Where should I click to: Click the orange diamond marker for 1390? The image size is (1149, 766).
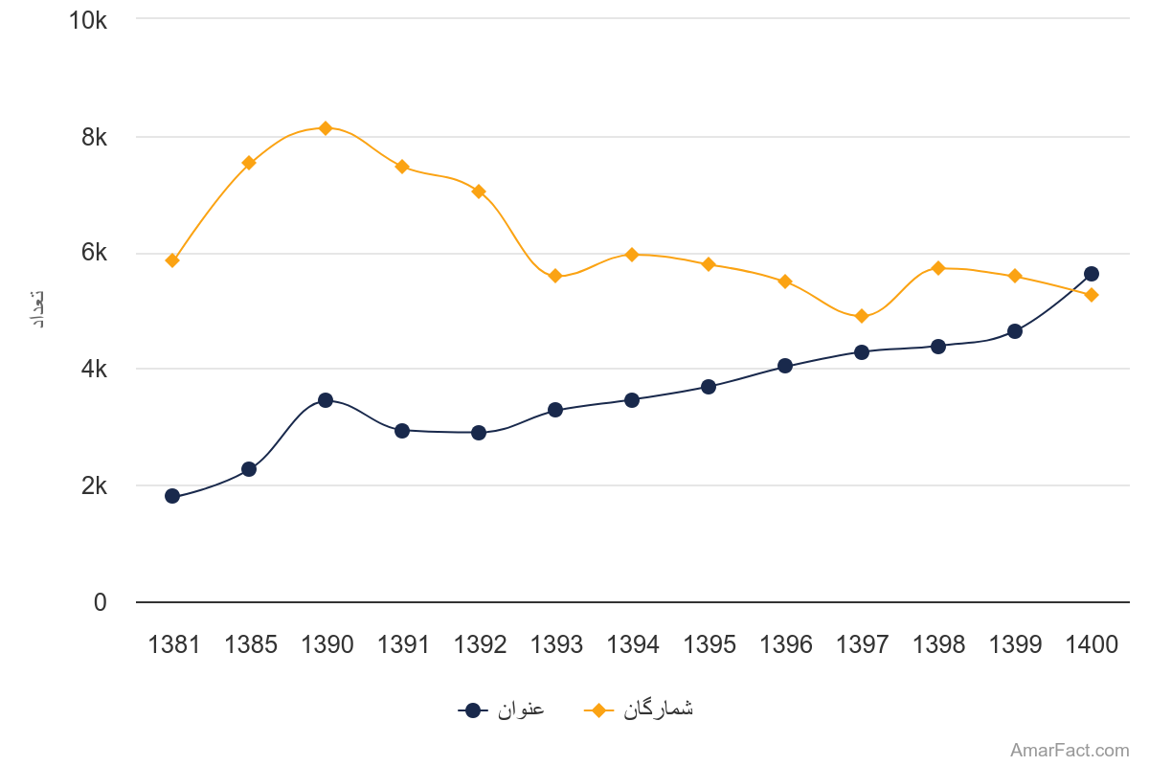[326, 128]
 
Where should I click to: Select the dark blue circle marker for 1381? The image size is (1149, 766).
[172, 496]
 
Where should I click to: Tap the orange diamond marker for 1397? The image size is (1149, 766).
[862, 316]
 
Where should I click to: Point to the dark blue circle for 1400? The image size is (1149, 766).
[1092, 274]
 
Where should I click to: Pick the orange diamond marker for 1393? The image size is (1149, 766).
[555, 276]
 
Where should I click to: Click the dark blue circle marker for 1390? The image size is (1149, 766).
[326, 400]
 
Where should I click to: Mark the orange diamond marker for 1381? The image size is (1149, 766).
[172, 260]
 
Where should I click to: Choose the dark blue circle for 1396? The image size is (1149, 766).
[785, 366]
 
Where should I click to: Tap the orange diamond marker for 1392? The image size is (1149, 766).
[479, 191]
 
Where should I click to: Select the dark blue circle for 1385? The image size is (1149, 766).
[249, 469]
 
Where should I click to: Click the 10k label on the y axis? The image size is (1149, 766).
[88, 20]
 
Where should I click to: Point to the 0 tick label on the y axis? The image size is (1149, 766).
[100, 602]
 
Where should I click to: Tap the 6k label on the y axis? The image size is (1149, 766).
[94, 253]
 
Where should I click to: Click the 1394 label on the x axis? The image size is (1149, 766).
[633, 645]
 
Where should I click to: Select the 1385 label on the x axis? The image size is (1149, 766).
[250, 645]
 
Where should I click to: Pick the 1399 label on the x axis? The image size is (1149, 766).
[1015, 645]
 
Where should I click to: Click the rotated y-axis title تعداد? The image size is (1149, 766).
[39, 309]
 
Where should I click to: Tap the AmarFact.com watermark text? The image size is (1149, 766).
[1070, 751]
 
